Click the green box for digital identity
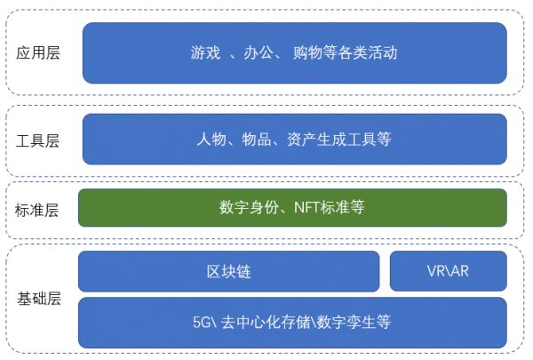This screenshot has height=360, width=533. click(x=292, y=208)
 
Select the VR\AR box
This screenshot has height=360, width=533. click(x=448, y=271)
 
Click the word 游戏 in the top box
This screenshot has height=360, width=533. click(x=204, y=52)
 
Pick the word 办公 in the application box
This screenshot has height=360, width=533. click(x=257, y=52)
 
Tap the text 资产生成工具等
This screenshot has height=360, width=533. click(x=338, y=140)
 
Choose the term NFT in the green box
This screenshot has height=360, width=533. click(x=302, y=208)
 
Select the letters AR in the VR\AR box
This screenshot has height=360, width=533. click(x=458, y=271)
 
